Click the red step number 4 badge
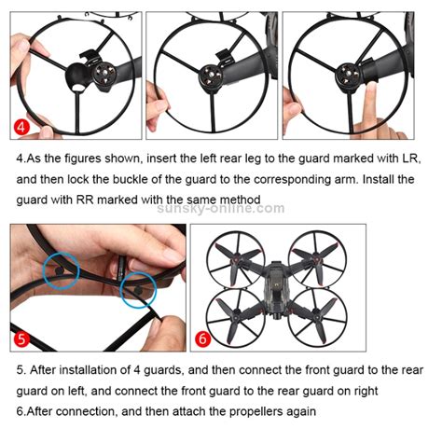click(21, 127)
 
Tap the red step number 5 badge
click(21, 338)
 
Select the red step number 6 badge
click(202, 338)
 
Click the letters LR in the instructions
click(410, 159)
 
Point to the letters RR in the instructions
click(85, 200)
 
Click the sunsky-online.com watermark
click(221, 208)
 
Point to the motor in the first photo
click(104, 76)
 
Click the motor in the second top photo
click(211, 77)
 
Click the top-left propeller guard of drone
click(236, 259)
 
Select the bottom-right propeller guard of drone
click(317, 319)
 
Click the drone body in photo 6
click(276, 286)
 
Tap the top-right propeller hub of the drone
click(316, 258)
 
